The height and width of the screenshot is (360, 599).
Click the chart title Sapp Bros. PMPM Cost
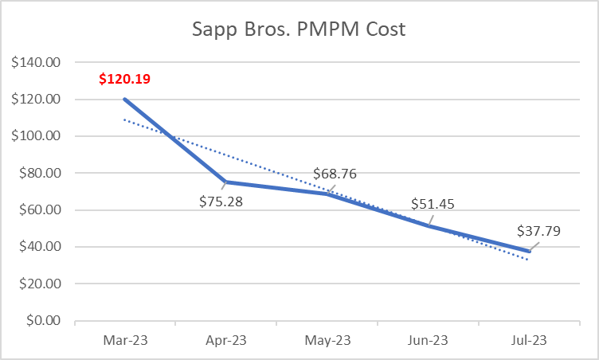(x=299, y=30)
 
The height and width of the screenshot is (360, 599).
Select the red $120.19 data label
(x=125, y=79)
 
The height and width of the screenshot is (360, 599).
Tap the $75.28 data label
(x=221, y=201)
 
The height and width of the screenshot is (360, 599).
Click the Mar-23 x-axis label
(x=125, y=340)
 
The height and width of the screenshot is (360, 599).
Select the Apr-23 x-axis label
(x=226, y=340)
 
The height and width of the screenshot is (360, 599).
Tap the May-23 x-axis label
(x=327, y=340)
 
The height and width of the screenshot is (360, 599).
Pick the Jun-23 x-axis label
(x=428, y=340)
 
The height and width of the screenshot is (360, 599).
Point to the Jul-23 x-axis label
(x=528, y=340)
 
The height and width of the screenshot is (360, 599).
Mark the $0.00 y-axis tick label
(x=44, y=321)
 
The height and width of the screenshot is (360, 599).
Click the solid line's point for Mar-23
(x=125, y=99)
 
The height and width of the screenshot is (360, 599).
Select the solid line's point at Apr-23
(x=226, y=182)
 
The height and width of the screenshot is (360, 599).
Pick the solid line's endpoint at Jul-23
(x=528, y=251)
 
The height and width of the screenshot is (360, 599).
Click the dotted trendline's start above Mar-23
(x=125, y=119)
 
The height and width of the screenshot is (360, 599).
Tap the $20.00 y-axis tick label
(x=41, y=284)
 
